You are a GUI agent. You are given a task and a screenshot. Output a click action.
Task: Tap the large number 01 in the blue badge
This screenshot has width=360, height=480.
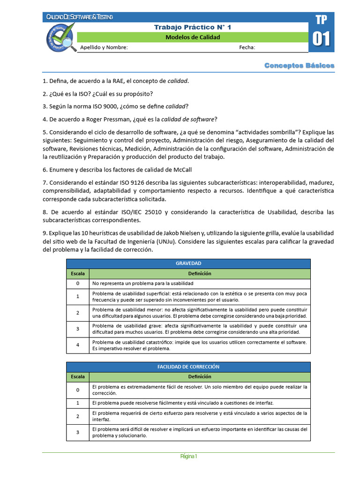coord(321,39)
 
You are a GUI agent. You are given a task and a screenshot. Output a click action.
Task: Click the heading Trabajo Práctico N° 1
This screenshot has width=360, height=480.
coord(193,27)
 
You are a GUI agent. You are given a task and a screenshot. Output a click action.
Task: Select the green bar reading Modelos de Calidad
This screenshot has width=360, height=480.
coord(193,37)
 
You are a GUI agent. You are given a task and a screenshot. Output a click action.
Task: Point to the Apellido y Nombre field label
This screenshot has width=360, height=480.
coord(104,47)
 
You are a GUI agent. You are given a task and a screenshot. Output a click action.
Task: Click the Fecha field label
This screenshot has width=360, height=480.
coord(247,47)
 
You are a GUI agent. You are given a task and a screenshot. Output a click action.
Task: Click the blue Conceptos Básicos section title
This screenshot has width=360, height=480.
coord(299,65)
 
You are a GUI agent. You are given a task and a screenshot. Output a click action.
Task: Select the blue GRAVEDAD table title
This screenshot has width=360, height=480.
coord(188,263)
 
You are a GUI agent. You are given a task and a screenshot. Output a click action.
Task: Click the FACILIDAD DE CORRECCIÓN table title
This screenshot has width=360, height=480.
coord(188,367)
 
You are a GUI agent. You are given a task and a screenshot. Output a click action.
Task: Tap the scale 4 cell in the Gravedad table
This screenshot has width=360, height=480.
coord(77,345)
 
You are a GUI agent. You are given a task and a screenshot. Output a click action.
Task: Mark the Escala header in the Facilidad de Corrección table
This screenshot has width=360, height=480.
coord(77,376)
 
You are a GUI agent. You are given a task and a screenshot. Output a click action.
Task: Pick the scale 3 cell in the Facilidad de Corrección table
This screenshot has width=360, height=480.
coord(77,432)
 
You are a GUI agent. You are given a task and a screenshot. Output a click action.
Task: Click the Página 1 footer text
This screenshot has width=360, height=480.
coord(188,457)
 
